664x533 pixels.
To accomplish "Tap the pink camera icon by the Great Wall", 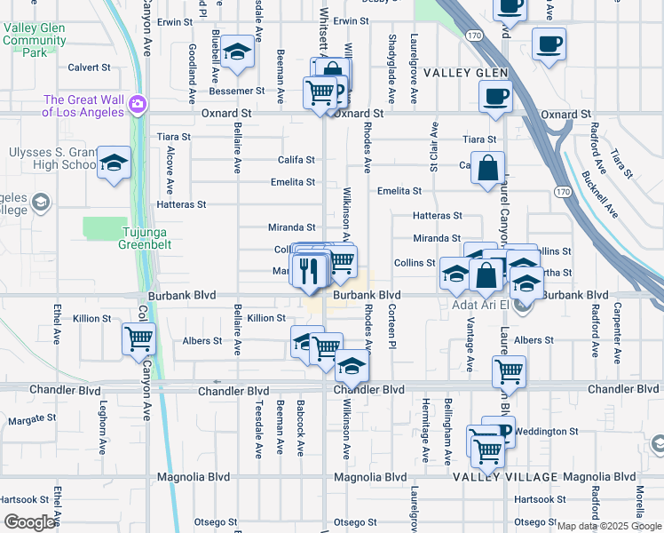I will click(x=137, y=105).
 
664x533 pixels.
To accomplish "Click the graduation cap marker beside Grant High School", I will click(x=113, y=163).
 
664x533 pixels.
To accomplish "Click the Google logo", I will click(x=29, y=522).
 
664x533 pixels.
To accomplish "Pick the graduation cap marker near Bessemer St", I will click(x=237, y=52).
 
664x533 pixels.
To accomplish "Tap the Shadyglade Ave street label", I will click(x=391, y=57).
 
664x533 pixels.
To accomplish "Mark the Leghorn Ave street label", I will click(x=103, y=441).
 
